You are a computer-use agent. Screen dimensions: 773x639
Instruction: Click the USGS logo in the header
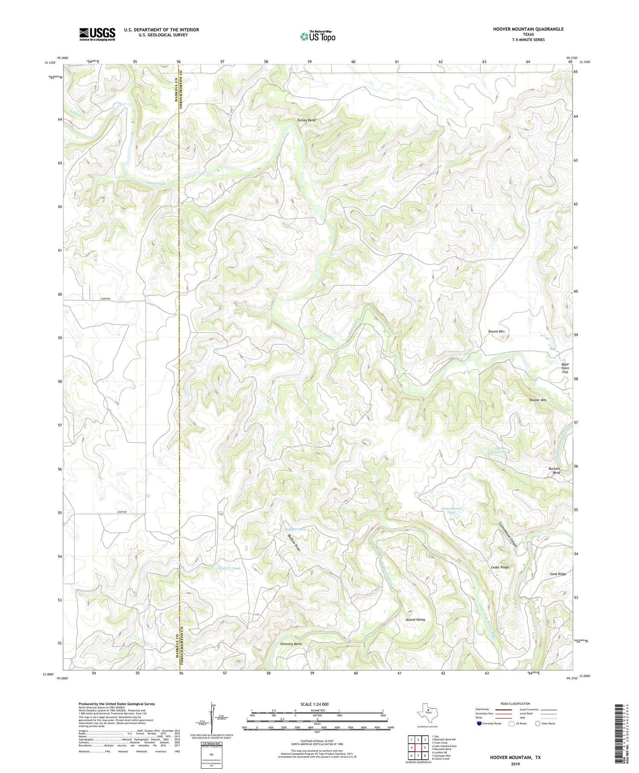click(x=97, y=34)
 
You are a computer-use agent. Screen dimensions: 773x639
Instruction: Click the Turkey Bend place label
click(x=306, y=121)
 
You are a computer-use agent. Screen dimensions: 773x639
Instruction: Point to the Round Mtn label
click(x=496, y=331)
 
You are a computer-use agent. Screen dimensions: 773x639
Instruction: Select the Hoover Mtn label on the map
click(x=538, y=400)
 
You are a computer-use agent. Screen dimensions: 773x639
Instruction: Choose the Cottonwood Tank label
click(x=451, y=511)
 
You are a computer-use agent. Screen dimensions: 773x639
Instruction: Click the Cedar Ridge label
click(x=498, y=567)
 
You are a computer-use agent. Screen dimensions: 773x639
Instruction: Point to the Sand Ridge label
click(x=558, y=574)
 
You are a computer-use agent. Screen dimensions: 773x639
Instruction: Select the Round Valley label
click(x=415, y=620)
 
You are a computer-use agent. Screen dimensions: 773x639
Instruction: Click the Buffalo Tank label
click(x=296, y=529)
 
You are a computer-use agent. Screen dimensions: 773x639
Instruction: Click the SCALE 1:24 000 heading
click(x=317, y=704)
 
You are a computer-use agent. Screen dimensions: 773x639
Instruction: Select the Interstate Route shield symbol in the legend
click(x=479, y=724)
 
